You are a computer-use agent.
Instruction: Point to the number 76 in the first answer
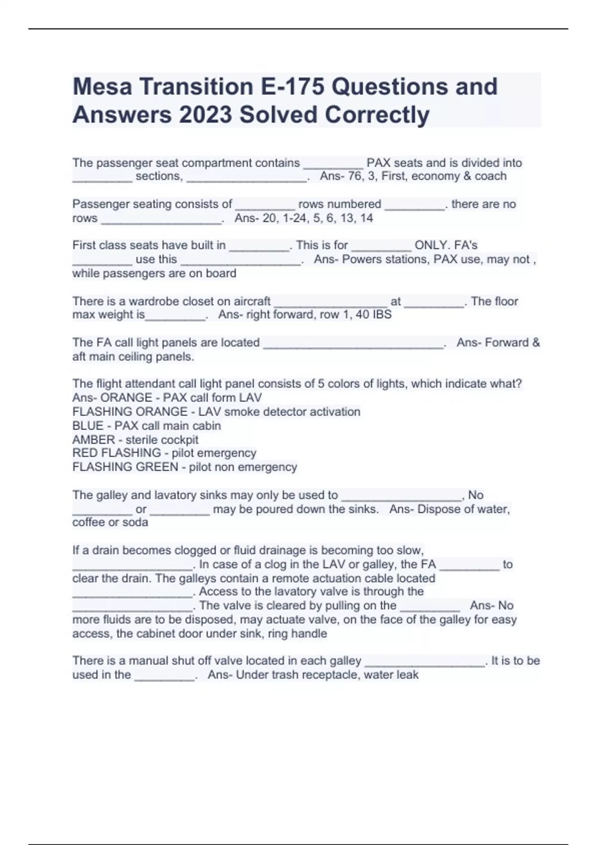coord(354,176)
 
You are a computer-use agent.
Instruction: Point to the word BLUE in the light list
coord(88,426)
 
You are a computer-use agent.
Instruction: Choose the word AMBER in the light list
coord(94,440)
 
